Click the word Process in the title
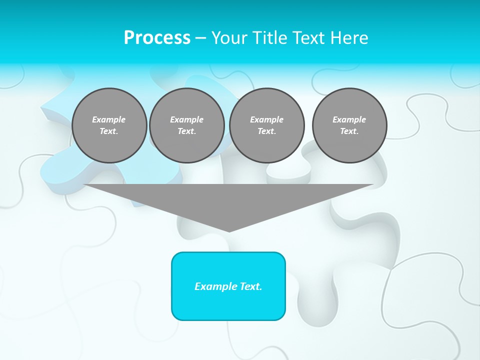(157, 38)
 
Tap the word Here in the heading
(350, 38)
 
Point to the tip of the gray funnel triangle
(229, 230)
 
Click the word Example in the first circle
(109, 119)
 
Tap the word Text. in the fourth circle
(349, 131)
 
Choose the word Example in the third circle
(266, 119)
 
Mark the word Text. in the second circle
(187, 131)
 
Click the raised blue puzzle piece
(55, 160)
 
